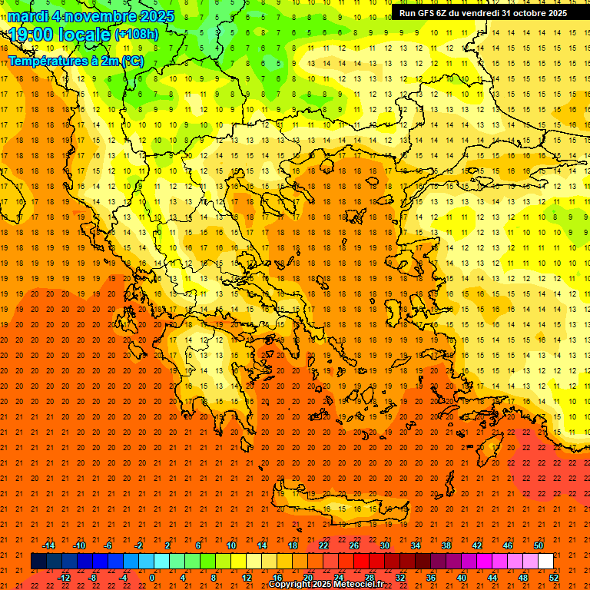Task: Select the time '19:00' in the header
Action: (30, 35)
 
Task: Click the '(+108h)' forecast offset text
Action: (136, 35)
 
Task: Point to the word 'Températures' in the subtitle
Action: (47, 61)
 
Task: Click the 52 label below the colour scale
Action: (555, 577)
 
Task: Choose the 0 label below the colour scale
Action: (153, 577)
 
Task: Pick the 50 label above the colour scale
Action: (538, 545)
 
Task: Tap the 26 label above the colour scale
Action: (354, 545)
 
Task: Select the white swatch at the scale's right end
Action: (545, 561)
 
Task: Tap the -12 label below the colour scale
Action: (64, 577)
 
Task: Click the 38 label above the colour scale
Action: (446, 545)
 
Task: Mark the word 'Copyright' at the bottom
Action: (290, 585)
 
